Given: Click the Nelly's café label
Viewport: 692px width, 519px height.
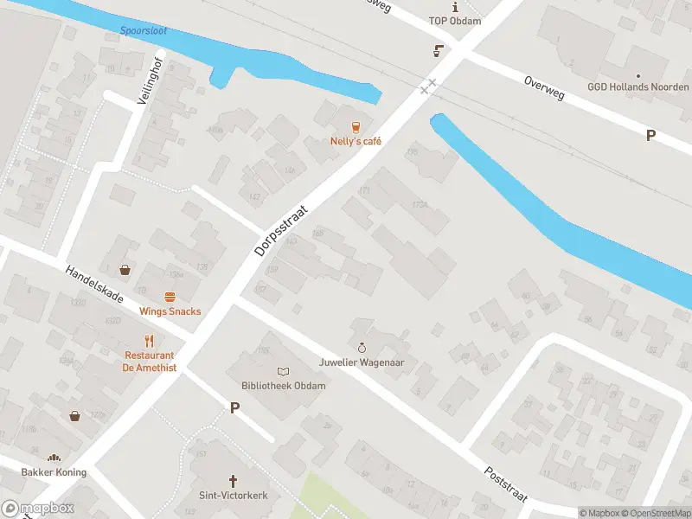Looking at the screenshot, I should click(355, 141).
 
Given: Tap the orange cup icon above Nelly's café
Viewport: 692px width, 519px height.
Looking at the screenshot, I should click(355, 126).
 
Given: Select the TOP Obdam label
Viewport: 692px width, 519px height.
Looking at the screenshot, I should click(454, 20).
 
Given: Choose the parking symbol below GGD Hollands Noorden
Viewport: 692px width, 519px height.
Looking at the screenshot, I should click(650, 135).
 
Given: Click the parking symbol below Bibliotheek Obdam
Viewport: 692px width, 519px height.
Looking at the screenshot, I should click(234, 407).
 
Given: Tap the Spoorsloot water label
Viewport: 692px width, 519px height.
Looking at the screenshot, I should click(143, 33).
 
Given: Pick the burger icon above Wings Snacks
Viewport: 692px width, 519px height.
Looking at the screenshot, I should click(170, 297).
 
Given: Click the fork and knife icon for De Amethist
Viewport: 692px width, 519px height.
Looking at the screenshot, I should click(149, 340).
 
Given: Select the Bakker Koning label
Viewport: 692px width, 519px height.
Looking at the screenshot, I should click(54, 472).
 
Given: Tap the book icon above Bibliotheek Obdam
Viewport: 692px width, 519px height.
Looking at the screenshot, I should click(284, 371).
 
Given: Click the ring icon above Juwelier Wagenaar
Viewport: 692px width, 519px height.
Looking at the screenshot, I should click(362, 348).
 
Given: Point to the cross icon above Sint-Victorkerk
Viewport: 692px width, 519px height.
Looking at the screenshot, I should click(233, 480).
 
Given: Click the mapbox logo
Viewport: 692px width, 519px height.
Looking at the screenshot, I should click(38, 509).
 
